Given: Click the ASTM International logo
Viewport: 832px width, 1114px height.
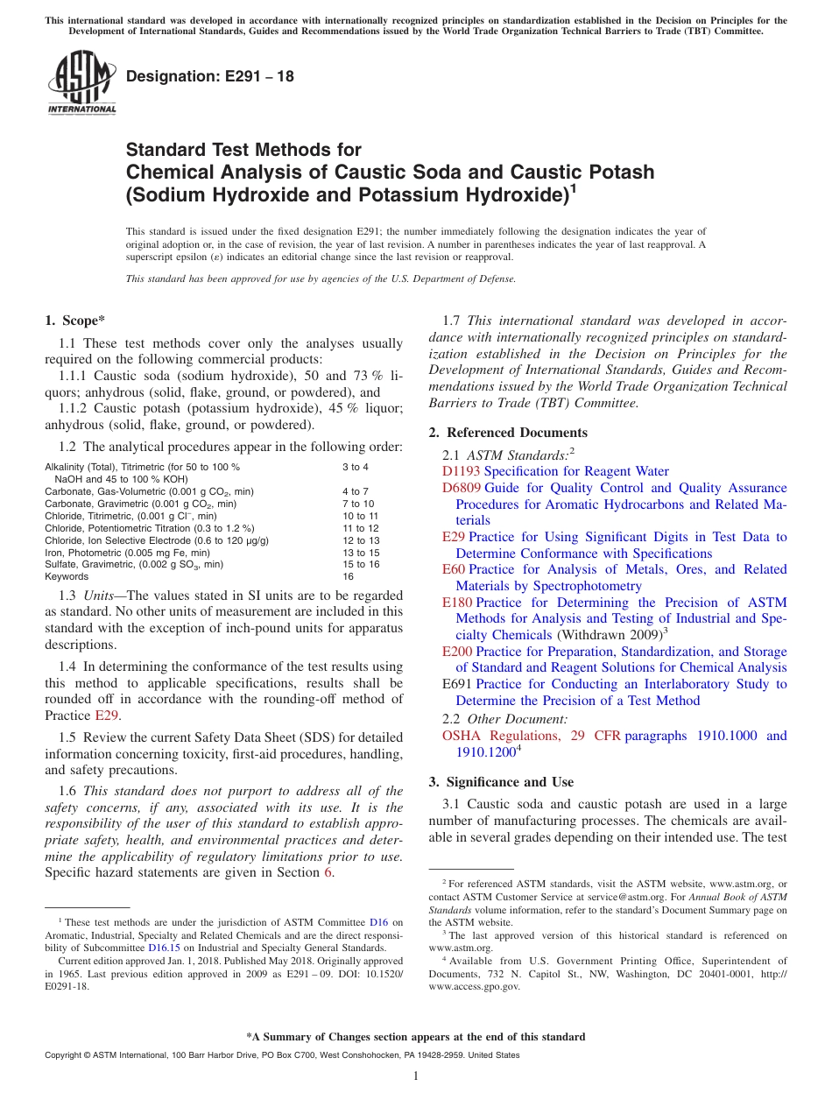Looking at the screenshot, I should pos(81,81).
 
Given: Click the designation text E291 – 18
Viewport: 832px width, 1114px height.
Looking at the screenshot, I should pos(210,76).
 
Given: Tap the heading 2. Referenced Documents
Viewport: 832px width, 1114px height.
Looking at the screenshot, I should pos(508,433).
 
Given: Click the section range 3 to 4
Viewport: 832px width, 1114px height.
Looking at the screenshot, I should pos(355,467).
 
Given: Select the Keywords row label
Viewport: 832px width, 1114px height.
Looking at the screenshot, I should pos(67,576).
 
